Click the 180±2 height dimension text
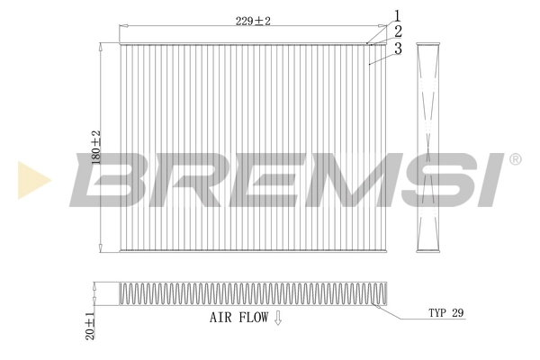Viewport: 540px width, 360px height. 96,147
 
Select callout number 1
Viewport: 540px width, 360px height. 395,15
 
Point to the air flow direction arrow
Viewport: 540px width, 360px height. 278,318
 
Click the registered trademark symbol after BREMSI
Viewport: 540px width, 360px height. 515,159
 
